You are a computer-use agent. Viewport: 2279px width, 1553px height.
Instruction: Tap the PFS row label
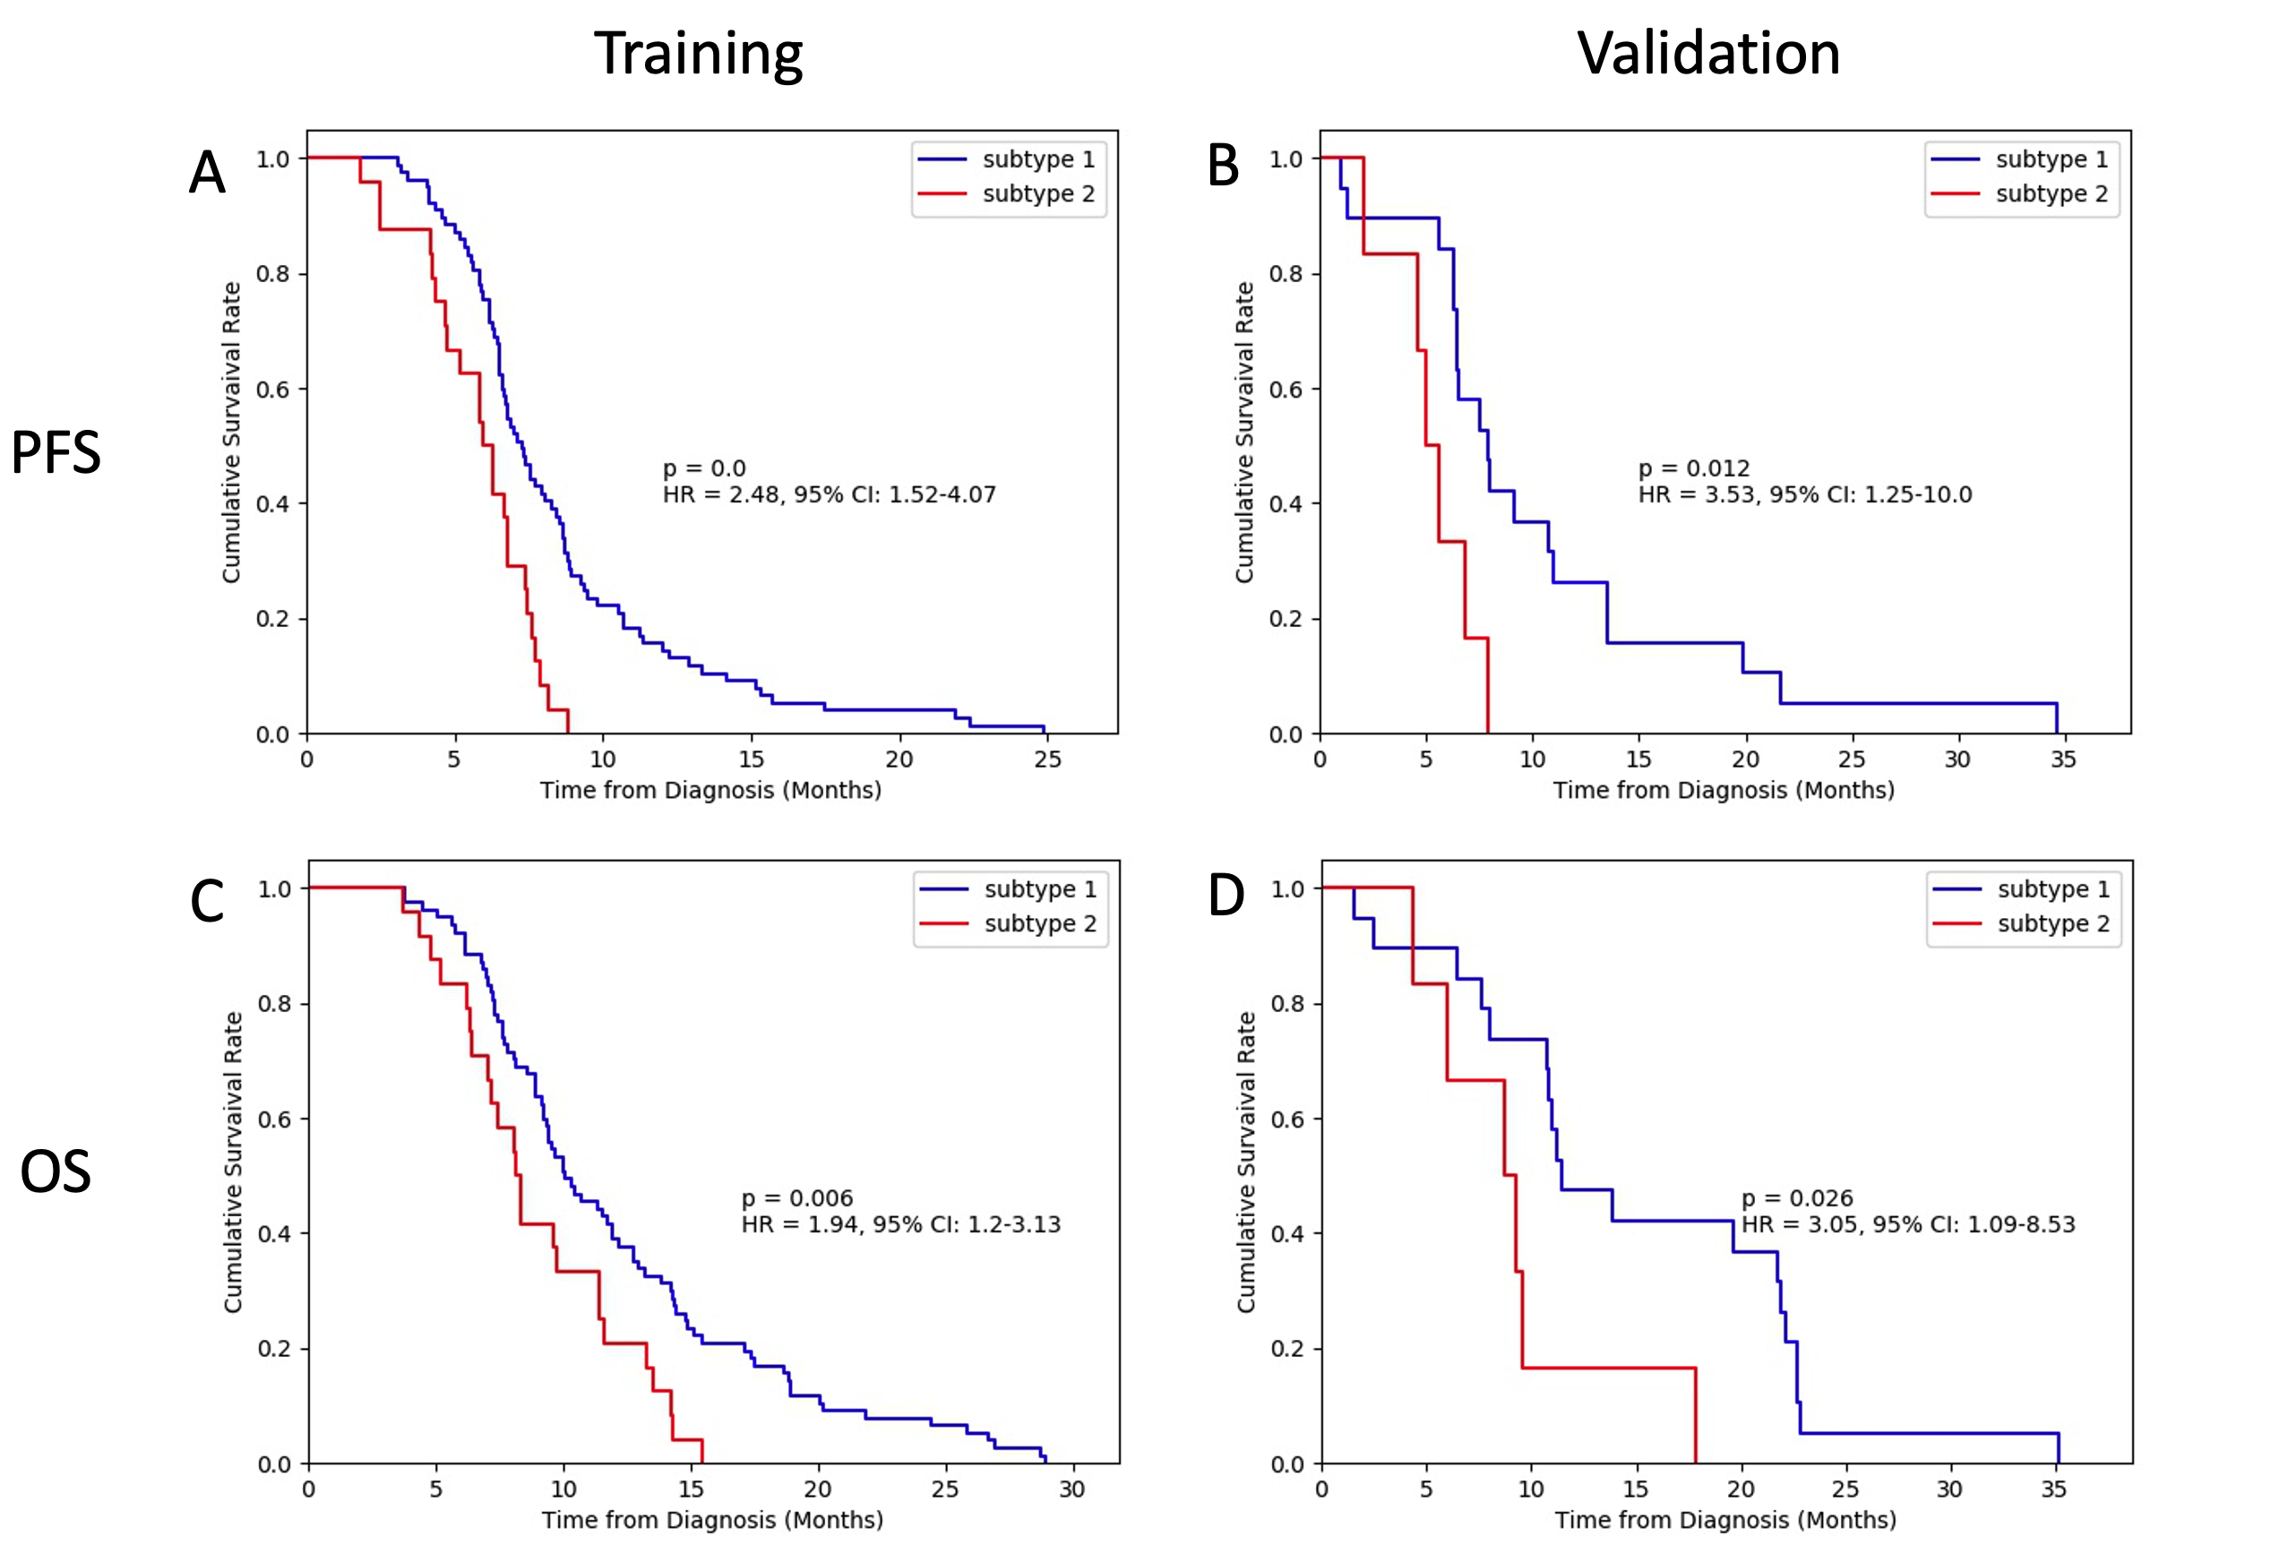pyautogui.click(x=56, y=453)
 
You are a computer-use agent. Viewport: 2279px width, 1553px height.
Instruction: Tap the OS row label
pyautogui.click(x=56, y=1171)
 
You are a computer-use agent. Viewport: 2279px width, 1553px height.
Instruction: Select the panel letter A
pyautogui.click(x=207, y=173)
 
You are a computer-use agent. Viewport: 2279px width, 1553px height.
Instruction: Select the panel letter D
pyautogui.click(x=1225, y=895)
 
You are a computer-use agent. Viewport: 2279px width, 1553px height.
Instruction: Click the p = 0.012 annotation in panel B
pyautogui.click(x=1693, y=468)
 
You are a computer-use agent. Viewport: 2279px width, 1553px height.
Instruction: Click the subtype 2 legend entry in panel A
pyautogui.click(x=1037, y=194)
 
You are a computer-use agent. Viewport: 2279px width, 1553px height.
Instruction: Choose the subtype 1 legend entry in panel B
pyautogui.click(x=2051, y=159)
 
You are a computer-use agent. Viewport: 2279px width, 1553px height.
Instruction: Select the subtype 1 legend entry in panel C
pyautogui.click(x=1039, y=889)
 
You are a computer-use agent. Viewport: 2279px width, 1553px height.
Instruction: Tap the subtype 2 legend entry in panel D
pyautogui.click(x=2052, y=923)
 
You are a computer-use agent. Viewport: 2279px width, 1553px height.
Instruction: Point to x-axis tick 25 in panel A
pyautogui.click(x=1047, y=759)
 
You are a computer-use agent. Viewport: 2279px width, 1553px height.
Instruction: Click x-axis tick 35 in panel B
pyautogui.click(x=2062, y=759)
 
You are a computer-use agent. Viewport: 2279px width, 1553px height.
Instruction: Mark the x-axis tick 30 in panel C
pyautogui.click(x=1071, y=1489)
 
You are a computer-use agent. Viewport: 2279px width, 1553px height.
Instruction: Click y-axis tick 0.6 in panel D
pyautogui.click(x=1287, y=1119)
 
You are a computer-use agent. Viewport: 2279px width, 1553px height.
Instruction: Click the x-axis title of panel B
pyautogui.click(x=1723, y=790)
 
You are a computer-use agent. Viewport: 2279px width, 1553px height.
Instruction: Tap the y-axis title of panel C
pyautogui.click(x=232, y=1162)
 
